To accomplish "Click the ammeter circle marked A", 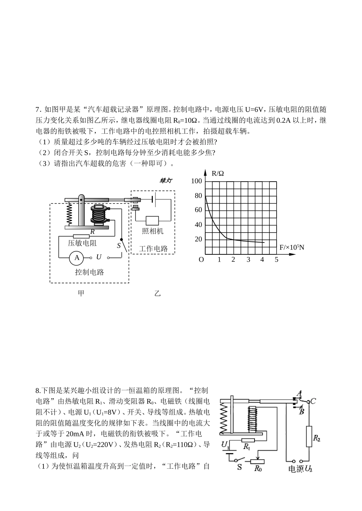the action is [77, 258].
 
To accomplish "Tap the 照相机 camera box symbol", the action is [152, 221].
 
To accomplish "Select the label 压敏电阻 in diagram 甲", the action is [82, 243].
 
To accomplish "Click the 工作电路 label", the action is [153, 249].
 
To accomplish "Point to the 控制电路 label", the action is [90, 272].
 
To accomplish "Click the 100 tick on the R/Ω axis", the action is [197, 181].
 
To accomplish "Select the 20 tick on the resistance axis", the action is [198, 239].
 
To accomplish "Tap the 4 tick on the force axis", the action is [262, 260].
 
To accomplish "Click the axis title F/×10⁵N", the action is [292, 247].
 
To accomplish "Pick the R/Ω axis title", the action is [218, 173].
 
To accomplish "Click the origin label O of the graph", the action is [201, 260].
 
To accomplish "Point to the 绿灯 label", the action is [166, 180].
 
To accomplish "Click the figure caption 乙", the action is [157, 293].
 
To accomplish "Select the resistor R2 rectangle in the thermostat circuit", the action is [309, 436].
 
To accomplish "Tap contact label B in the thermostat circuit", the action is [301, 412].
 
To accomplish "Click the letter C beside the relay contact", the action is [313, 401].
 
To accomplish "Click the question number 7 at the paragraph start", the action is [37, 110].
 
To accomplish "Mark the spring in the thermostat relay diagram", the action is [224, 418].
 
